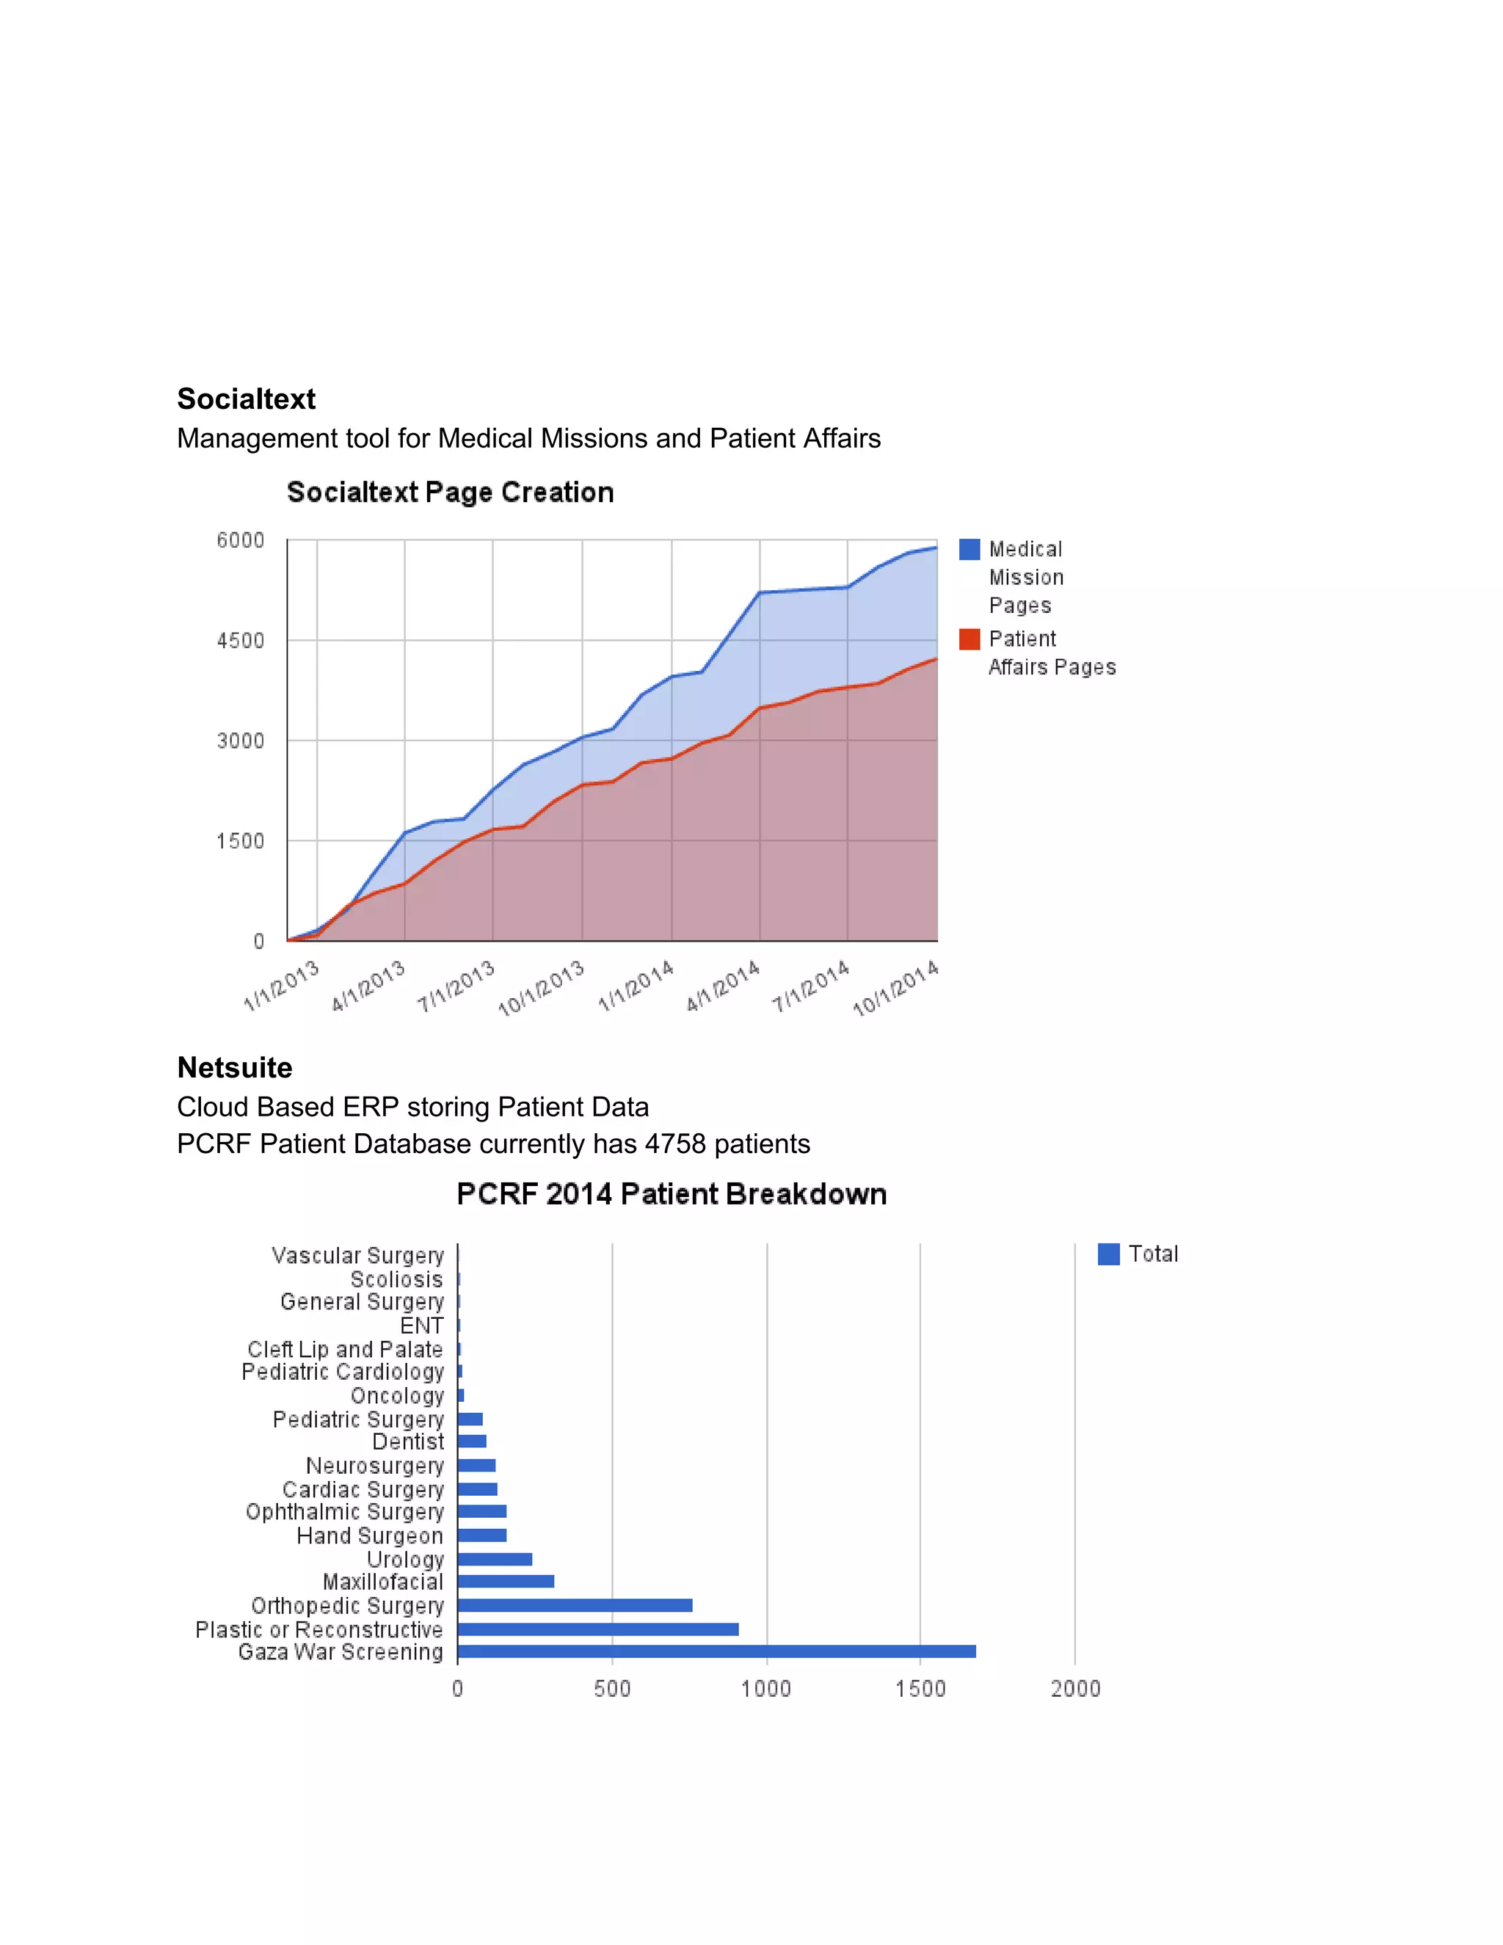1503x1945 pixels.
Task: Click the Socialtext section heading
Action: pyautogui.click(x=246, y=399)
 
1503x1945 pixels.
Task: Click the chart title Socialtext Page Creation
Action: pyautogui.click(x=450, y=492)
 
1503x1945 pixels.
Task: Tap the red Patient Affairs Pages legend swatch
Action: pyautogui.click(x=969, y=639)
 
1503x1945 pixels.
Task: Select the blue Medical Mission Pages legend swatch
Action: pyautogui.click(x=969, y=550)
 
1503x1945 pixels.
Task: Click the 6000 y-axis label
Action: pyautogui.click(x=241, y=541)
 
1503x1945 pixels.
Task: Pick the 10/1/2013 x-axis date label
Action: pyautogui.click(x=542, y=989)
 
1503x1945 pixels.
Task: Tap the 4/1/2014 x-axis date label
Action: pyautogui.click(x=723, y=986)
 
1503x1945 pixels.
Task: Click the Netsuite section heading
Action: pyautogui.click(x=234, y=1068)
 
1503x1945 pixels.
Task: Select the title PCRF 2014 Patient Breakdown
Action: pyautogui.click(x=672, y=1194)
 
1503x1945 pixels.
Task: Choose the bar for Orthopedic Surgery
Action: pyautogui.click(x=575, y=1606)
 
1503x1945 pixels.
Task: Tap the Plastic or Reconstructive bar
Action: pyautogui.click(x=597, y=1629)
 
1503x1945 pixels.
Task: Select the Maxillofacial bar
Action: pyautogui.click(x=506, y=1582)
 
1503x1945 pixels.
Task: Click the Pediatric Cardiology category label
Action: pyautogui.click(x=342, y=1373)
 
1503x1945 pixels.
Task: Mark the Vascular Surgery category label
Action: pyautogui.click(x=357, y=1256)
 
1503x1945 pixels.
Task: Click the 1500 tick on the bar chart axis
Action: pyautogui.click(x=920, y=1690)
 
